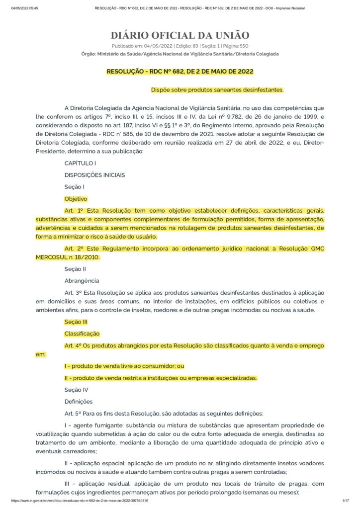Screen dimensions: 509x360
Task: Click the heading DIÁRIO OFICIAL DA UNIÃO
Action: [180, 35]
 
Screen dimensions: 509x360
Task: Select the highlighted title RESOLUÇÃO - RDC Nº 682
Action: [180, 72]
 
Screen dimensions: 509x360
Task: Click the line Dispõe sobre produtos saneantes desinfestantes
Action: [217, 90]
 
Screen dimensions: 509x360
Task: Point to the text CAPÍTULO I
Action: [80, 163]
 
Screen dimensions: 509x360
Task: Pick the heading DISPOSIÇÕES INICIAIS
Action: [94, 175]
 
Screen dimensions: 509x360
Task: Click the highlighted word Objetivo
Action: [76, 198]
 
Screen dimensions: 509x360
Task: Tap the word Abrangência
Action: [82, 281]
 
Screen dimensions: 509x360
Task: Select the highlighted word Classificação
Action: [82, 334]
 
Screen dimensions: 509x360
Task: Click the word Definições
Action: [79, 402]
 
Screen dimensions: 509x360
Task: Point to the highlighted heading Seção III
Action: [76, 322]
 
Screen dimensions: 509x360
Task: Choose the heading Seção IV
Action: [76, 390]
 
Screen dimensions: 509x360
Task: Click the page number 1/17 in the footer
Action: [346, 501]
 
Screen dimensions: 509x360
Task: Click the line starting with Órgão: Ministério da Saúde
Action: [180, 54]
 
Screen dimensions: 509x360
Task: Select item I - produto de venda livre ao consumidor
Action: [124, 366]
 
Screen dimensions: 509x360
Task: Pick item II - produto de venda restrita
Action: [161, 378]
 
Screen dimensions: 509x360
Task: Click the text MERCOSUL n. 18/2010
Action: [68, 257]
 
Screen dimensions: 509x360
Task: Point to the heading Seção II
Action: [75, 269]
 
